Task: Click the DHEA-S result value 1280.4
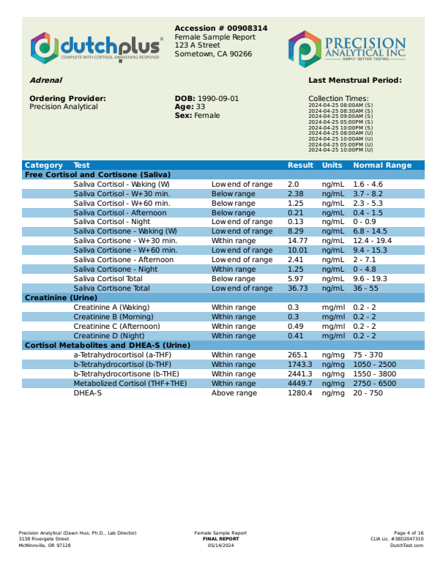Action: (299, 393)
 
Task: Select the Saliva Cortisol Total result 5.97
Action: (295, 279)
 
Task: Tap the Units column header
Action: (332, 166)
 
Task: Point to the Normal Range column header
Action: (382, 166)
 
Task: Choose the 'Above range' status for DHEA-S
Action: (234, 393)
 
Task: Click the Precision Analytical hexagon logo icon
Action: (302, 48)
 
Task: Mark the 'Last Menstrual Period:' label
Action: (355, 81)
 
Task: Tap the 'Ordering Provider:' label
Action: (67, 98)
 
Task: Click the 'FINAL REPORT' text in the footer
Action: (220, 539)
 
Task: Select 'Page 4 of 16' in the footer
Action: (409, 533)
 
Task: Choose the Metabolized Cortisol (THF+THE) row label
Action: (131, 384)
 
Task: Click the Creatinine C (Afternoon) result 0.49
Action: (295, 327)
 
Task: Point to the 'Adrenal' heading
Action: (45, 81)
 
